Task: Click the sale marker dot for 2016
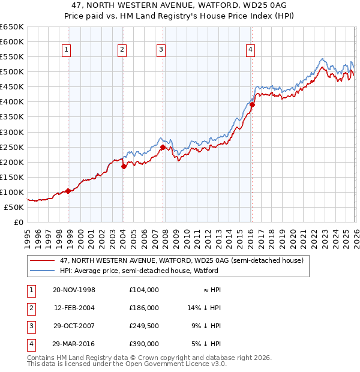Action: (252, 104)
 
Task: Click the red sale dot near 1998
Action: (68, 191)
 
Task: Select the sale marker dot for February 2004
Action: (124, 166)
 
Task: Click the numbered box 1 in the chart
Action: (66, 50)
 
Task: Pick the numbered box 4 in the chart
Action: (250, 50)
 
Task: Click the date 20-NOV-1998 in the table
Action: (74, 290)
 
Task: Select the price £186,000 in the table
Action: (143, 308)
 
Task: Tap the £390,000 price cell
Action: (143, 344)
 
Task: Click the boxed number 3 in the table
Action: (30, 326)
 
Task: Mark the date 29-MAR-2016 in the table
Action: (74, 344)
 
